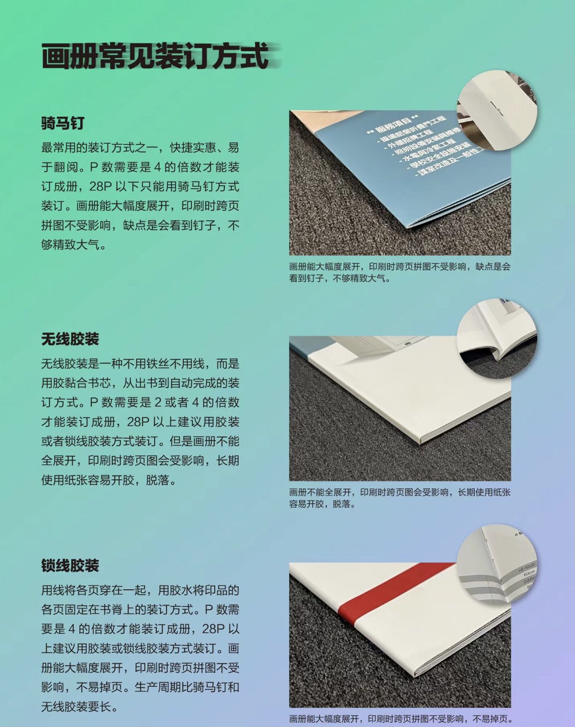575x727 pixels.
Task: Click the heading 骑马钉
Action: [62, 123]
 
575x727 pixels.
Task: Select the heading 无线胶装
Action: [70, 339]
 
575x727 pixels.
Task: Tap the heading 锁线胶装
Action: [70, 565]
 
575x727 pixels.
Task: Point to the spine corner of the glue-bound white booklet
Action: [420, 442]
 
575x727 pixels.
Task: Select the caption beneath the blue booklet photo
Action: [400, 272]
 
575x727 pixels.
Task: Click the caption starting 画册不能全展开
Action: [400, 498]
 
